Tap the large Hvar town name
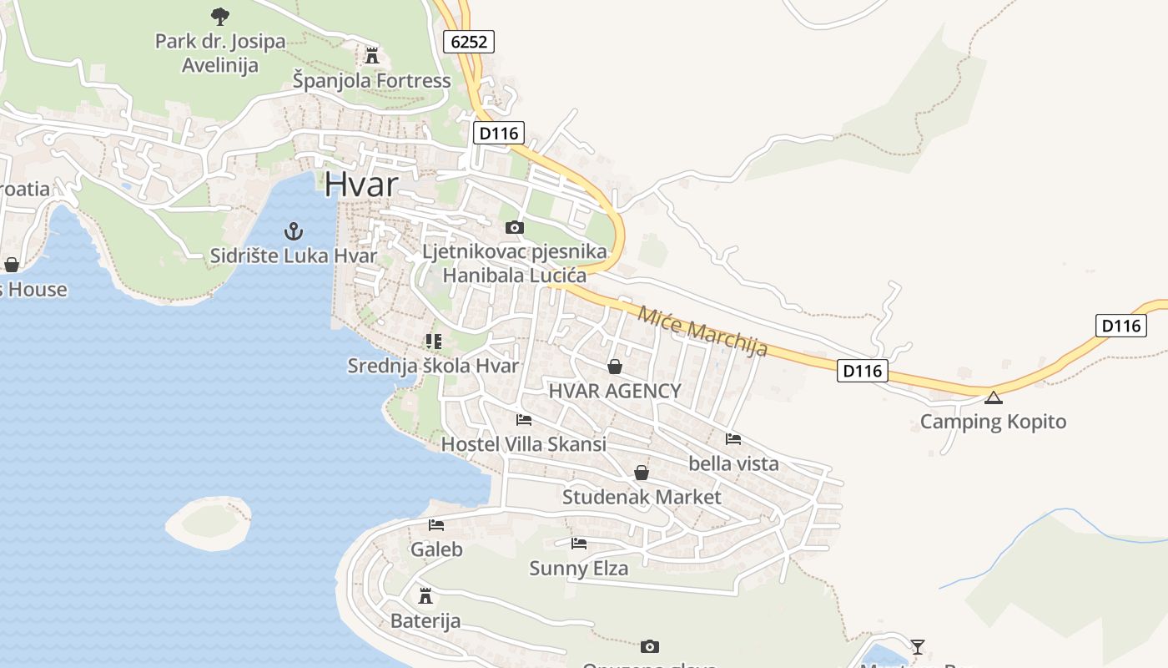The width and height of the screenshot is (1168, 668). (x=361, y=184)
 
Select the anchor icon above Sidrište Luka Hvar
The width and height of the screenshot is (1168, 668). (x=293, y=230)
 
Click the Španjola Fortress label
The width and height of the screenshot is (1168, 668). (x=371, y=81)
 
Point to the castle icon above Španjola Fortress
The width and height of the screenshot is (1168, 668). (x=372, y=56)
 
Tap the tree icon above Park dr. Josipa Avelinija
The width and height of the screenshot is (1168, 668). (x=220, y=16)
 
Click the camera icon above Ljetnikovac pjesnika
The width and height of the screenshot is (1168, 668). (x=515, y=227)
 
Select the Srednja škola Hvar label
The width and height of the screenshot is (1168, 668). (x=433, y=366)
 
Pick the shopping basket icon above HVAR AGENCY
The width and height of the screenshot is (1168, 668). (x=615, y=367)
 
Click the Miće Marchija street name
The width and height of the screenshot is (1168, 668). (x=702, y=331)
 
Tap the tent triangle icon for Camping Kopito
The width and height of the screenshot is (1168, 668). (x=993, y=397)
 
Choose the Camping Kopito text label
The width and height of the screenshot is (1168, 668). (x=993, y=422)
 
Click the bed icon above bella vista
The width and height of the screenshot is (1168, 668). (x=733, y=439)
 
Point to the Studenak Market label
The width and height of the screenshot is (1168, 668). (x=642, y=498)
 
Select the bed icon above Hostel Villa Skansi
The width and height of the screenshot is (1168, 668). (x=524, y=420)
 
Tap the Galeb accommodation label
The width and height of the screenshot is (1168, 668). (x=436, y=550)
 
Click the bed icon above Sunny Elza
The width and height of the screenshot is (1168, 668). (x=579, y=544)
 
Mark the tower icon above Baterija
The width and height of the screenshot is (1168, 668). (x=425, y=595)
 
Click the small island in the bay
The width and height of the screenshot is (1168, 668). (x=209, y=523)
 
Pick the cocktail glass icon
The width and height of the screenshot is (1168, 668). (x=918, y=646)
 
